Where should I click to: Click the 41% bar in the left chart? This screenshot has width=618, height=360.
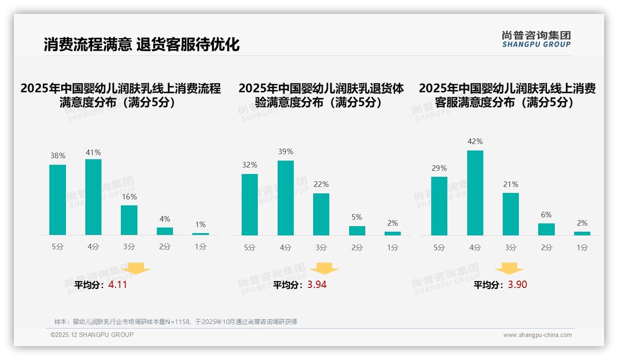(x=93, y=197)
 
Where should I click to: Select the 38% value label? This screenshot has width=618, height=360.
(x=58, y=156)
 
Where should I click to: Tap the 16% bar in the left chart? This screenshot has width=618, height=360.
(x=129, y=220)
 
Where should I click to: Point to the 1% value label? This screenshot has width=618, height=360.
(x=200, y=225)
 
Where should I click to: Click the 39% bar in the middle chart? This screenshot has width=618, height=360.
(x=285, y=198)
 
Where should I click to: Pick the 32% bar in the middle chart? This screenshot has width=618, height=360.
(x=250, y=204)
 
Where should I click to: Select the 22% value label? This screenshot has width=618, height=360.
(x=321, y=184)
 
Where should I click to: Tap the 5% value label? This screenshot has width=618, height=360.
(x=357, y=217)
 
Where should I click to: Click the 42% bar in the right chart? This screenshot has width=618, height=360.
(x=475, y=193)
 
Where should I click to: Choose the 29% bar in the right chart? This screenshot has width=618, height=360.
(x=439, y=206)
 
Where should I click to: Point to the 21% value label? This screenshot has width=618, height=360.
(x=511, y=184)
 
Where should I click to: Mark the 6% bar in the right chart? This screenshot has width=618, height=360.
(x=547, y=229)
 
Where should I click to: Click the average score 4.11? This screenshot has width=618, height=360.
(x=118, y=285)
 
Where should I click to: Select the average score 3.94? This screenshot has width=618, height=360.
(x=317, y=285)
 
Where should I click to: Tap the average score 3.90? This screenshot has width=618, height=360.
(x=517, y=285)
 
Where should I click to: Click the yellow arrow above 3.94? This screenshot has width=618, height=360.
(x=325, y=269)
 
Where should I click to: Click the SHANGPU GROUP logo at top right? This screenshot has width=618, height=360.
(x=536, y=39)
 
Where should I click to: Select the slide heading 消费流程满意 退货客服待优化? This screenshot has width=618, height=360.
(x=142, y=45)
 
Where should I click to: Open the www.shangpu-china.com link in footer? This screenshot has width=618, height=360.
(x=537, y=335)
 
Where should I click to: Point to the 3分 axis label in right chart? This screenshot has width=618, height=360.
(x=511, y=247)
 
